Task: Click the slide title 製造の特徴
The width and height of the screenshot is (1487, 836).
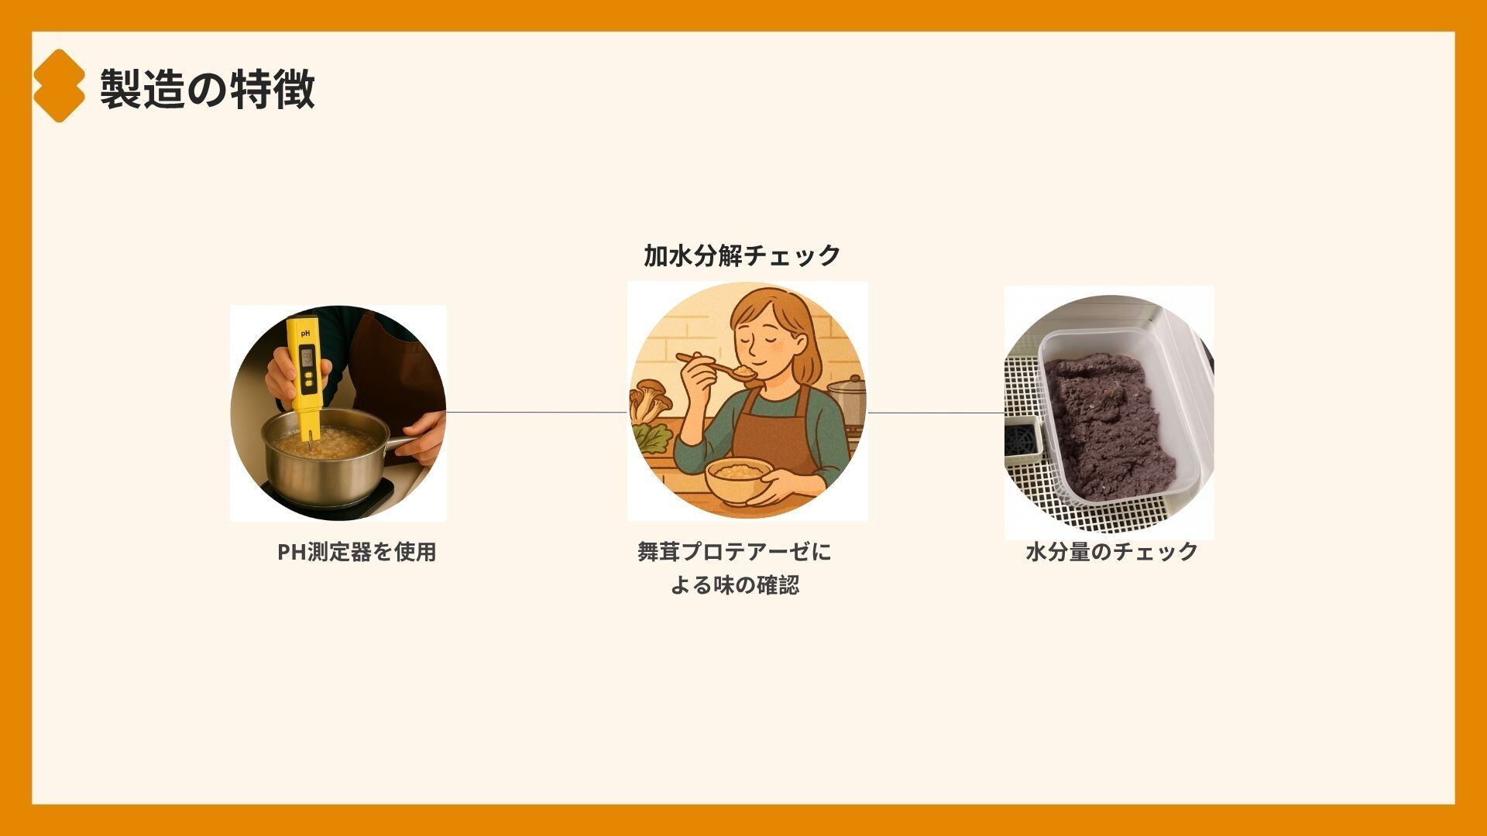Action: pyautogui.click(x=208, y=88)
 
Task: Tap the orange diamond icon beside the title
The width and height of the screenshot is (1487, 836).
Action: pyautogui.click(x=58, y=86)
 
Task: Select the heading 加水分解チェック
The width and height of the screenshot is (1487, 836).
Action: pyautogui.click(x=742, y=255)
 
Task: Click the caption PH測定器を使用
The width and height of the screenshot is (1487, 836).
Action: pyautogui.click(x=357, y=552)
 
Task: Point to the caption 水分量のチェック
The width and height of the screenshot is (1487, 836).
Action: pyautogui.click(x=1111, y=552)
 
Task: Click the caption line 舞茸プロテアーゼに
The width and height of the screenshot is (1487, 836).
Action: pyautogui.click(x=734, y=552)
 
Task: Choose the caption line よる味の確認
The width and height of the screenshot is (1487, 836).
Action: pyautogui.click(x=734, y=585)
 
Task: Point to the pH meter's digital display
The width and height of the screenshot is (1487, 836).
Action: pyautogui.click(x=307, y=356)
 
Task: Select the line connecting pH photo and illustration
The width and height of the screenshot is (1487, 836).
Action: pyautogui.click(x=537, y=413)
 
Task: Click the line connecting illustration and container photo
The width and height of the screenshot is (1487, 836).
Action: pyautogui.click(x=936, y=413)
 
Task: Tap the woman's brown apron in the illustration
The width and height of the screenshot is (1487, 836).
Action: pyautogui.click(x=774, y=433)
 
